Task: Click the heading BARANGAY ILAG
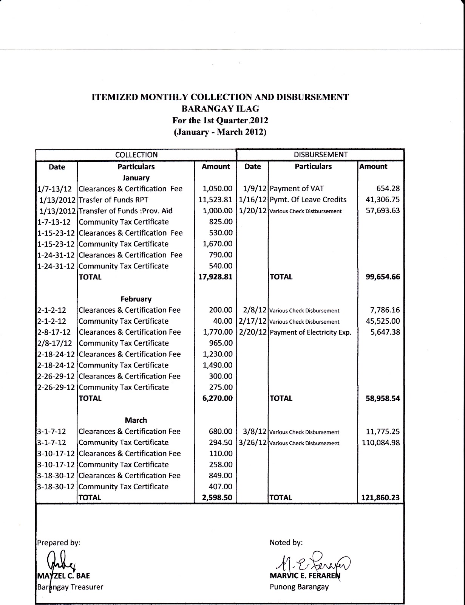pyautogui.click(x=220, y=109)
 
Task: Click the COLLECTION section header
pyautogui.click(x=136, y=155)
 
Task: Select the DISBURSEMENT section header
pyautogui.click(x=320, y=155)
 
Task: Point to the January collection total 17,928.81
pyautogui.click(x=215, y=277)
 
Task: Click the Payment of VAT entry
pyautogui.click(x=297, y=189)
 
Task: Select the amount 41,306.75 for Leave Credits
pyautogui.click(x=383, y=200)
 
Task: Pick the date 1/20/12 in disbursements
pyautogui.click(x=253, y=211)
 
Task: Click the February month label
pyautogui.click(x=136, y=299)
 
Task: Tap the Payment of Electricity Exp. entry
pyautogui.click(x=311, y=332)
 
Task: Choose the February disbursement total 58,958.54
pyautogui.click(x=383, y=398)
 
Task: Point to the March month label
pyautogui.click(x=136, y=420)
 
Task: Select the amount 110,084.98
pyautogui.click(x=381, y=442)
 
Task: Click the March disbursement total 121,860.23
pyautogui.click(x=381, y=498)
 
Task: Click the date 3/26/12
pyautogui.click(x=253, y=442)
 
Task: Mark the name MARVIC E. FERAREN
pyautogui.click(x=305, y=576)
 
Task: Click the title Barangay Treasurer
pyautogui.click(x=70, y=587)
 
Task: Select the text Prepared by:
pyautogui.click(x=59, y=543)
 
